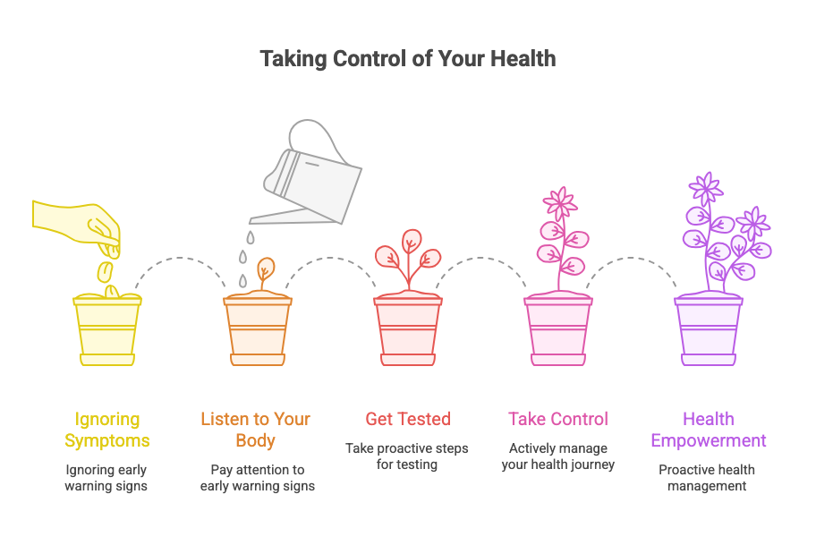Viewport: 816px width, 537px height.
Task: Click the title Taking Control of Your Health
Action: pyautogui.click(x=408, y=59)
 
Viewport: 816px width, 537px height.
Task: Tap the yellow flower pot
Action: pyautogui.click(x=107, y=330)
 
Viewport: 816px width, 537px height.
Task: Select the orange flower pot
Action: pyautogui.click(x=258, y=330)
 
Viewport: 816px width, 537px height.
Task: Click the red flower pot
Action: pyautogui.click(x=408, y=330)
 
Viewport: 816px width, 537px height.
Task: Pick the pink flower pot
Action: pyautogui.click(x=558, y=330)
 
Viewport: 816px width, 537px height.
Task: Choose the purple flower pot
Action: pyautogui.click(x=709, y=330)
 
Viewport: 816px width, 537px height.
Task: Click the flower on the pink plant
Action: pyautogui.click(x=560, y=203)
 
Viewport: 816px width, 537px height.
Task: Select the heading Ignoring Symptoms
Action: pyautogui.click(x=107, y=430)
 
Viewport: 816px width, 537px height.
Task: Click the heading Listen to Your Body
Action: pyautogui.click(x=256, y=430)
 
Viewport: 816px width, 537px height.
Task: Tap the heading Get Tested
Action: pyautogui.click(x=408, y=419)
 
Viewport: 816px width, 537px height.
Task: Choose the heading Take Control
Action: pyautogui.click(x=558, y=419)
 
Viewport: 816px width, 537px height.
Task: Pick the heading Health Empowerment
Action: pyautogui.click(x=709, y=430)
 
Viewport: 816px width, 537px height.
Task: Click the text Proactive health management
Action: pyautogui.click(x=707, y=478)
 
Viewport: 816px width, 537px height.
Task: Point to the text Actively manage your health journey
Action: pyautogui.click(x=558, y=456)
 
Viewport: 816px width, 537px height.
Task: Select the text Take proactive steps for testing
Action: pyautogui.click(x=407, y=456)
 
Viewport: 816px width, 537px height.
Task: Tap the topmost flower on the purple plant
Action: pyautogui.click(x=706, y=188)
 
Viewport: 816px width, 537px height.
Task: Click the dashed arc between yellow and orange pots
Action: pyautogui.click(x=180, y=258)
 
